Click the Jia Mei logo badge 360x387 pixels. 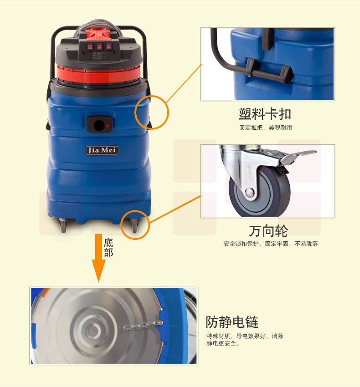click(102, 150)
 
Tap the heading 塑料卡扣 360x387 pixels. click(265, 114)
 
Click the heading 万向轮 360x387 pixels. click(268, 231)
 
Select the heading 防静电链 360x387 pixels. click(232, 322)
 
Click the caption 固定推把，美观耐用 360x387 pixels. click(265, 127)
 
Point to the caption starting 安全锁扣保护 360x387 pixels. click(271, 244)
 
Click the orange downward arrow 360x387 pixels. click(98, 258)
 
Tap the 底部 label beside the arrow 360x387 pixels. click(108, 248)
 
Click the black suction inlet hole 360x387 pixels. click(99, 125)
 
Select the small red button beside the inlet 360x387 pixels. click(107, 125)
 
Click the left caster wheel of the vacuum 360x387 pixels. click(63, 225)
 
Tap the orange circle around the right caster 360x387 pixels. click(121, 225)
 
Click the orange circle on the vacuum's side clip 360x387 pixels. click(135, 112)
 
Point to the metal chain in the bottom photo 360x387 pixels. click(143, 326)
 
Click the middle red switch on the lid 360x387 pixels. click(99, 46)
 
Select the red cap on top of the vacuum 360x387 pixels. click(98, 34)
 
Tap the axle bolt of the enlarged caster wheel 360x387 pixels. click(250, 192)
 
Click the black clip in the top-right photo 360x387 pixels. click(269, 71)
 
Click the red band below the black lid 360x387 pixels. click(98, 74)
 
